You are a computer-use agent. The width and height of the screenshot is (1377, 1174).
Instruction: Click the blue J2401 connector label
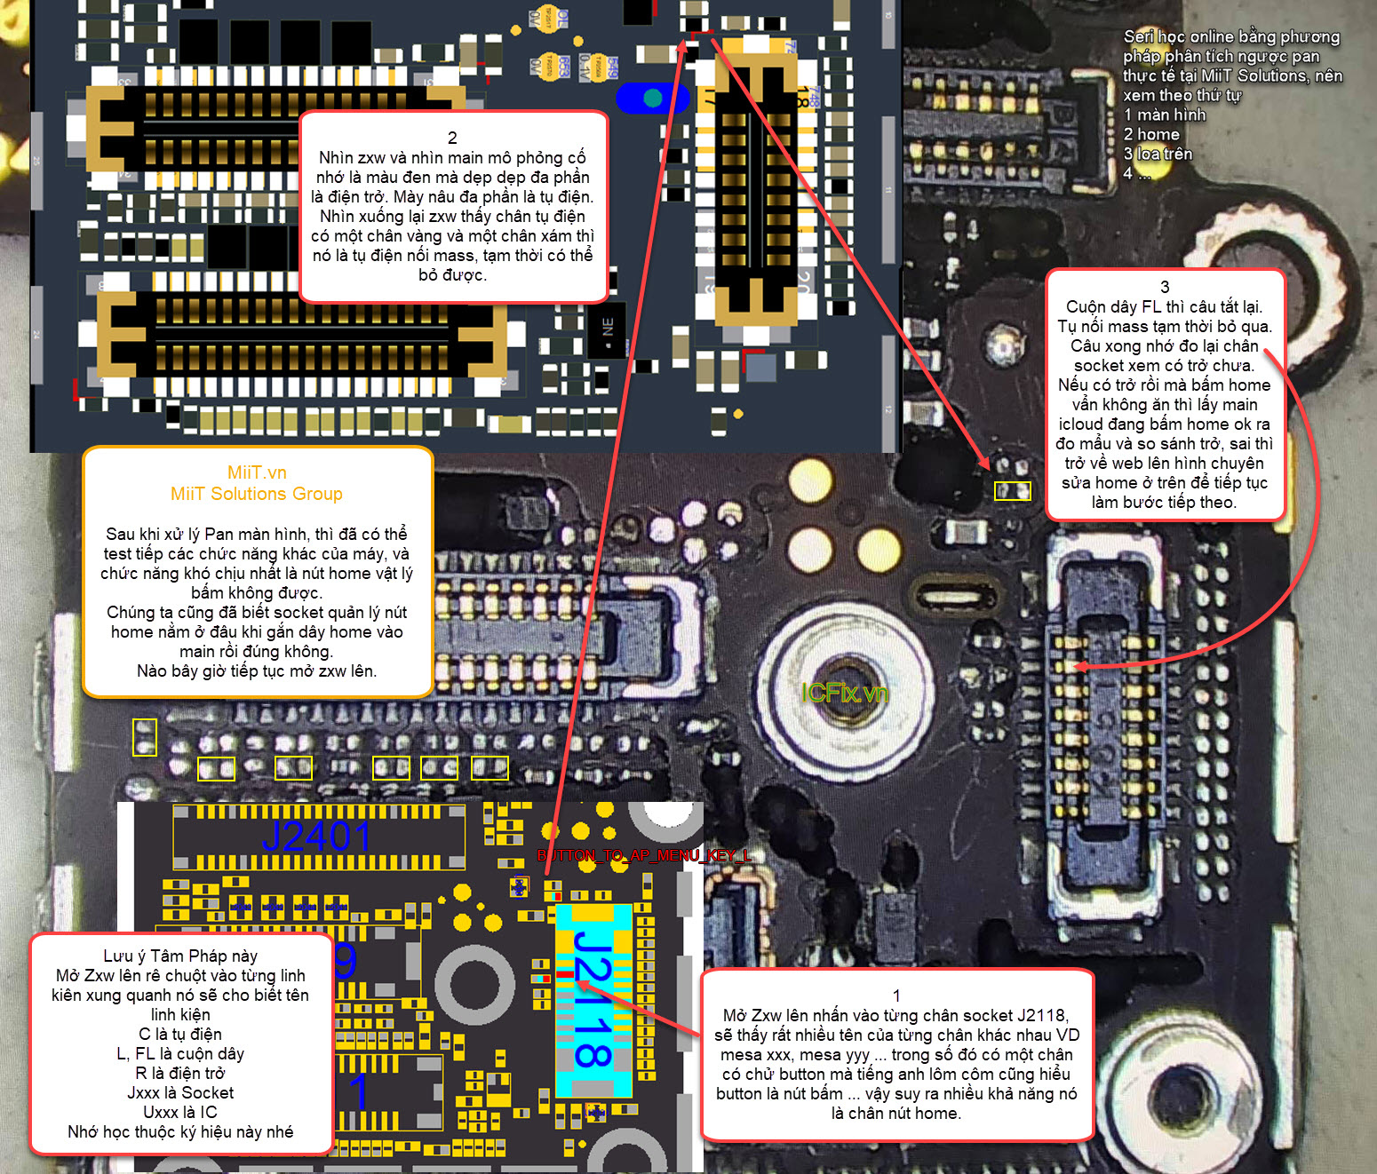pyautogui.click(x=316, y=837)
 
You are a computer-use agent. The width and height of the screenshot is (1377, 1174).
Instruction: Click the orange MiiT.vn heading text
pyautogui.click(x=257, y=472)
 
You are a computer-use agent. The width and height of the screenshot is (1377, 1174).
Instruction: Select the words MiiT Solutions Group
pyautogui.click(x=257, y=494)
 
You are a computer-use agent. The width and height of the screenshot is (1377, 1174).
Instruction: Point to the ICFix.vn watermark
pyautogui.click(x=844, y=693)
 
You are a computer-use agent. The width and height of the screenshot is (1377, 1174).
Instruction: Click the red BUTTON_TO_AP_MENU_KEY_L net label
pyautogui.click(x=644, y=855)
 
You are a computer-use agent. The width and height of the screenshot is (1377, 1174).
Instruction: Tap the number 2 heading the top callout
pyautogui.click(x=452, y=138)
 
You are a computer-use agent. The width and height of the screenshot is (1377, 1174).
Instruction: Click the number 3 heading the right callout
pyautogui.click(x=1165, y=287)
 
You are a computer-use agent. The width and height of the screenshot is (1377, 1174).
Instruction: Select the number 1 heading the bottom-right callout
pyautogui.click(x=896, y=996)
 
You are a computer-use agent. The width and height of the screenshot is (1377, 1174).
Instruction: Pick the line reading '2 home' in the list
pyautogui.click(x=1151, y=134)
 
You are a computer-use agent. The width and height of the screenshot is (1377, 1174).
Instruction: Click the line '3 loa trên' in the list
pyautogui.click(x=1158, y=154)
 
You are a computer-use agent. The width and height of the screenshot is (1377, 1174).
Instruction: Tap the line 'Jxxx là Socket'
pyautogui.click(x=180, y=1092)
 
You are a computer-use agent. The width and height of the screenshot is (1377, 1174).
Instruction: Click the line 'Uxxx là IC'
pyautogui.click(x=180, y=1112)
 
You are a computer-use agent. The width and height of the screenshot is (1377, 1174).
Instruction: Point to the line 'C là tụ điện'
pyautogui.click(x=180, y=1034)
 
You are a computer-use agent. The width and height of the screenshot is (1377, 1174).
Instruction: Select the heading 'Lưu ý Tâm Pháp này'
pyautogui.click(x=180, y=956)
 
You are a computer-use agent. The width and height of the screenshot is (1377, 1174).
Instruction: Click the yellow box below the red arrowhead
pyautogui.click(x=1012, y=491)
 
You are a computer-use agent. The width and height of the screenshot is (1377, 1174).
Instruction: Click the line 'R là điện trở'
pyautogui.click(x=180, y=1073)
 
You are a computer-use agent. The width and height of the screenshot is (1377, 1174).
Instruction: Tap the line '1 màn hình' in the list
pyautogui.click(x=1165, y=115)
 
